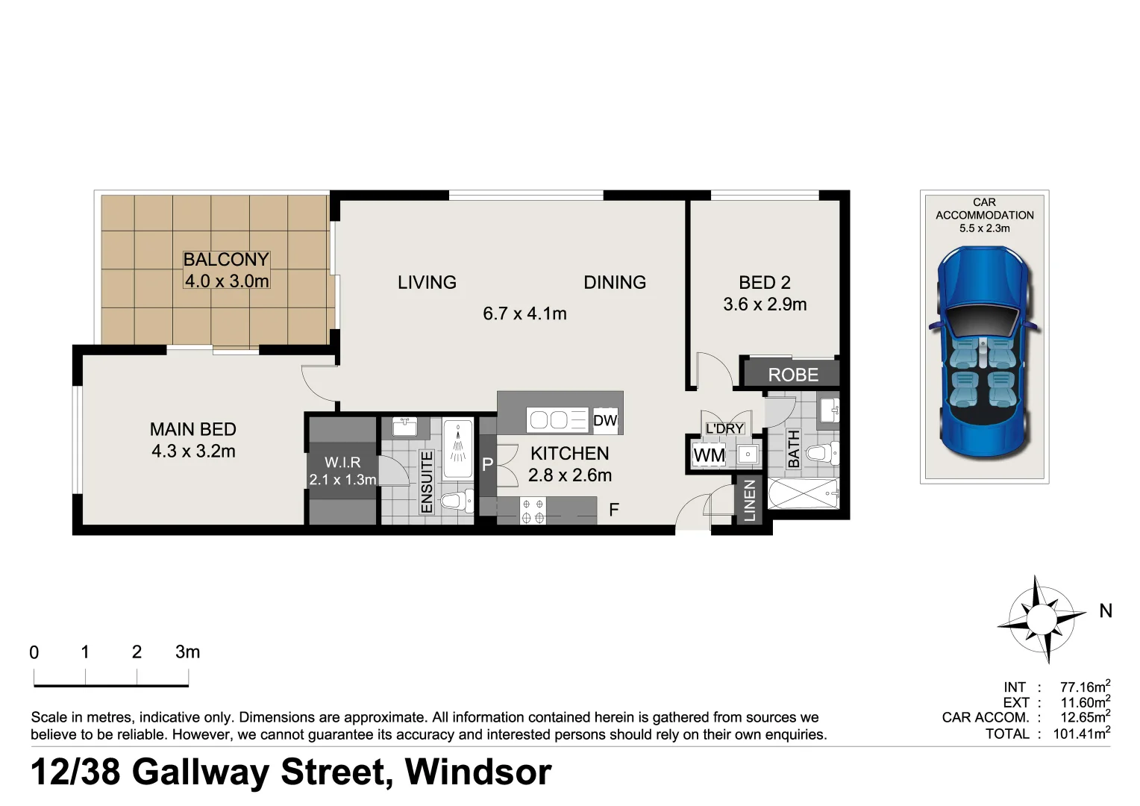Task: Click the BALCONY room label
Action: (x=226, y=260)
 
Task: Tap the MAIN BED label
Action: (x=192, y=429)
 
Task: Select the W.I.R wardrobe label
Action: (x=342, y=463)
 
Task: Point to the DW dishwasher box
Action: (x=605, y=421)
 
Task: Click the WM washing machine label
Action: (x=708, y=454)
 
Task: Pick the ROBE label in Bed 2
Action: (x=793, y=375)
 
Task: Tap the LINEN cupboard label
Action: (x=750, y=500)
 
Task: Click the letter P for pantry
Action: (x=487, y=465)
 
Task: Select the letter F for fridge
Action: (x=613, y=510)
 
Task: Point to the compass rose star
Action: (x=1042, y=619)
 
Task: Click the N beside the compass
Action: (x=1106, y=611)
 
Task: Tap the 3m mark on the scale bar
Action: (x=187, y=652)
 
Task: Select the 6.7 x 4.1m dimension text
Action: (x=524, y=313)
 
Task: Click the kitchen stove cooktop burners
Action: (x=533, y=510)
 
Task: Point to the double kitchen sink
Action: (x=548, y=420)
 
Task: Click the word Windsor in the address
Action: (x=477, y=772)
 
